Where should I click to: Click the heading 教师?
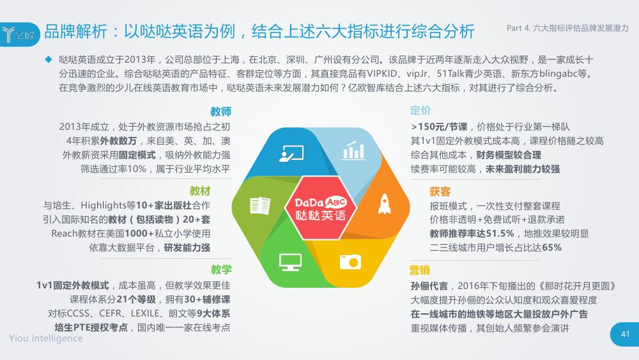(x=220, y=112)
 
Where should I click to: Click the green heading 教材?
(x=199, y=191)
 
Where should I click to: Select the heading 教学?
(x=221, y=269)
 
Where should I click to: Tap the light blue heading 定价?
(x=420, y=111)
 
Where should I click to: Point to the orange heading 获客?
(x=440, y=192)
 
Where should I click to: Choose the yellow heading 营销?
(x=419, y=270)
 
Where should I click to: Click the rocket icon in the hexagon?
(x=384, y=204)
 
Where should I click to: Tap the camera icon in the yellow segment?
(x=350, y=262)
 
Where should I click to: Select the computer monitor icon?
(x=290, y=262)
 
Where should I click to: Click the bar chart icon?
(x=353, y=150)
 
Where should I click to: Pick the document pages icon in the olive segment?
(x=260, y=205)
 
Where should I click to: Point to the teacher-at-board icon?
(x=291, y=153)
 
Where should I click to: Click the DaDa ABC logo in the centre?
(x=320, y=208)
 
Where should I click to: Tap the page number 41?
(x=625, y=334)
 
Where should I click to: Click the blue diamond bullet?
(x=49, y=59)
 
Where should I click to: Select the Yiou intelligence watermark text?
(x=46, y=338)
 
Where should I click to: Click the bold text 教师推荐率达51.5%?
(x=472, y=233)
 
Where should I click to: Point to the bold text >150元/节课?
(x=439, y=127)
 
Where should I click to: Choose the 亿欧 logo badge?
(x=20, y=35)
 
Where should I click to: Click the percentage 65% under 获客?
(x=552, y=247)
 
